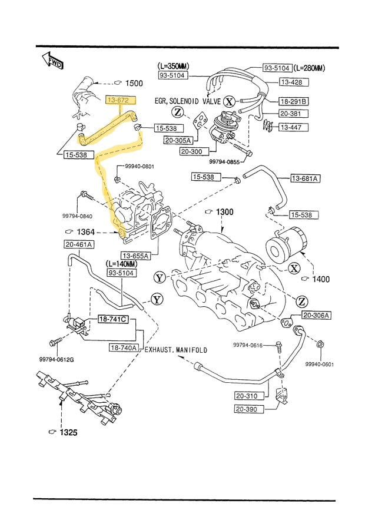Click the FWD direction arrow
[52, 61]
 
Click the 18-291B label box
[294, 101]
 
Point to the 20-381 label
[291, 114]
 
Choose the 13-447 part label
[291, 127]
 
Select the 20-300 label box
[192, 152]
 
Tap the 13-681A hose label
[304, 178]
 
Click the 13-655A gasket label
[136, 255]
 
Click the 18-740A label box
[124, 347]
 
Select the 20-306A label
[317, 316]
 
